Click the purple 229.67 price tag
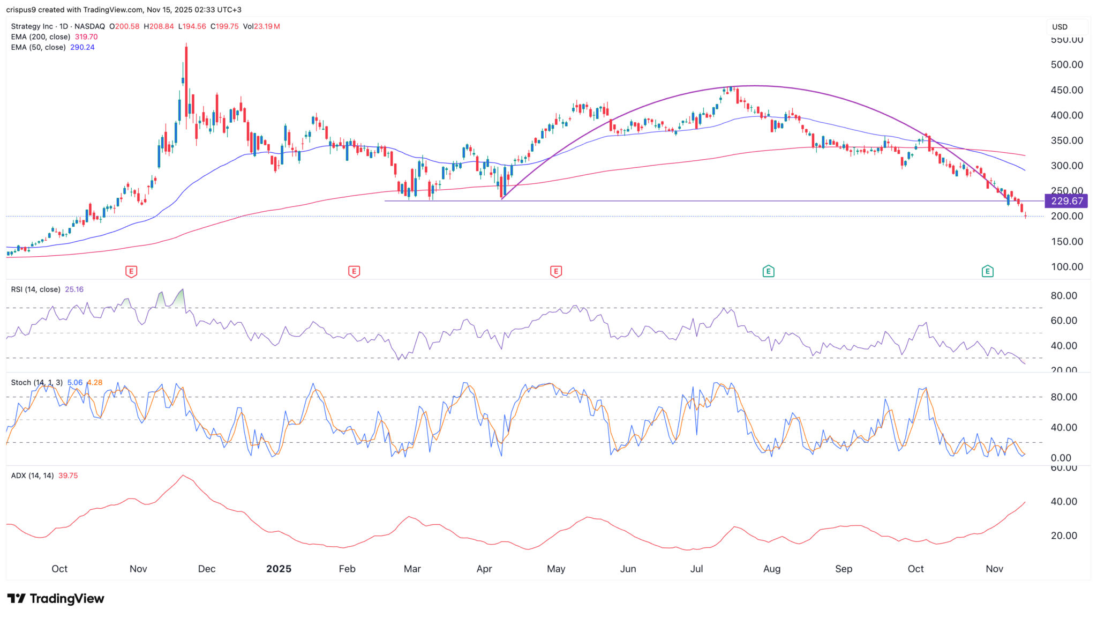coord(1067,201)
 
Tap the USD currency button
coord(1060,27)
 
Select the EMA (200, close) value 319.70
coord(86,37)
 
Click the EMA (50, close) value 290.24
coord(82,47)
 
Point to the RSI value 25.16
coord(74,289)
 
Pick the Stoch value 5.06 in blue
coord(74,383)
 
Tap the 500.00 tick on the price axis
coord(1066,65)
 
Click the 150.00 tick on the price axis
coord(1066,242)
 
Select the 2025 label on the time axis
coord(279,569)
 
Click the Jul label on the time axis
coord(696,569)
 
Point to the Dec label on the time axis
coord(207,569)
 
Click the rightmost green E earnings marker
coord(987,271)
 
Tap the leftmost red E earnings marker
coord(131,271)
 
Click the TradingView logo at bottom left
coord(56,599)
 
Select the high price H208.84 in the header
coord(159,26)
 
